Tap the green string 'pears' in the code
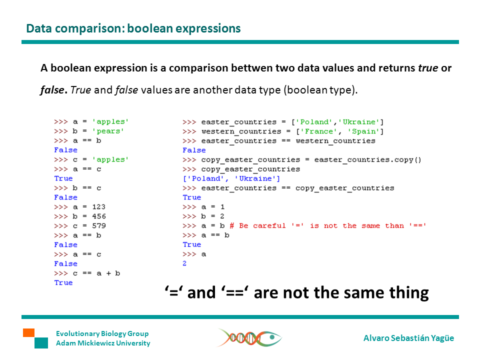click(108, 131)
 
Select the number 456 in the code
click(99, 216)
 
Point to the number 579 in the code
click(99, 226)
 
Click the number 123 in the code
click(98, 207)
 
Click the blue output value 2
click(184, 263)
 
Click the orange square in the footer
click(29, 333)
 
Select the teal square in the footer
click(41, 343)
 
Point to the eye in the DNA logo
click(272, 337)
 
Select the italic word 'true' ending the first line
click(428, 68)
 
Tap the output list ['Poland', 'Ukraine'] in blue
click(231, 179)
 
